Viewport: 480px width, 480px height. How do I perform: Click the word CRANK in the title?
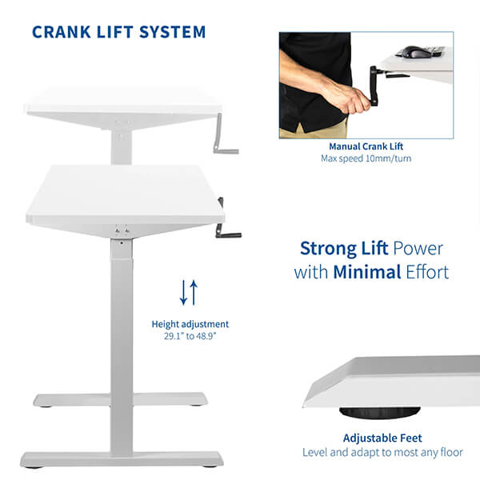point(62,32)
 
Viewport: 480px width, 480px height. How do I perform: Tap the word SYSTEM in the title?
point(172,32)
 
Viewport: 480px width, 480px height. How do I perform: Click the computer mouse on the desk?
point(414,52)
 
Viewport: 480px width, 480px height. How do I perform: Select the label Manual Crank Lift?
point(366,146)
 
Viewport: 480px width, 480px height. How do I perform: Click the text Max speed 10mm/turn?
point(366,158)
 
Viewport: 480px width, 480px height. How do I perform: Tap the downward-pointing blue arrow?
point(183,292)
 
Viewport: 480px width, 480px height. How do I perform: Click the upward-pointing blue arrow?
point(194,292)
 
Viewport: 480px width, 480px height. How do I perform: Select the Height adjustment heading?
point(190,324)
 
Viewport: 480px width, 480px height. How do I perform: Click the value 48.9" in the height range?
point(206,336)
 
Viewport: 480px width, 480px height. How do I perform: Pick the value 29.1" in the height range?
point(174,336)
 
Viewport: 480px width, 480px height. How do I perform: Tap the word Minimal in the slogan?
point(367,272)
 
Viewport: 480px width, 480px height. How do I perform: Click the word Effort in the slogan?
point(427,272)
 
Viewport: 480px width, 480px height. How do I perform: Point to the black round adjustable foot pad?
point(380,412)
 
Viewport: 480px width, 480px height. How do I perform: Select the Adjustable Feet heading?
point(382,438)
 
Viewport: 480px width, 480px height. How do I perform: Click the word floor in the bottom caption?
point(451,452)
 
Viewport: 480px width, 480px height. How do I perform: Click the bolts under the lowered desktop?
point(122,230)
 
